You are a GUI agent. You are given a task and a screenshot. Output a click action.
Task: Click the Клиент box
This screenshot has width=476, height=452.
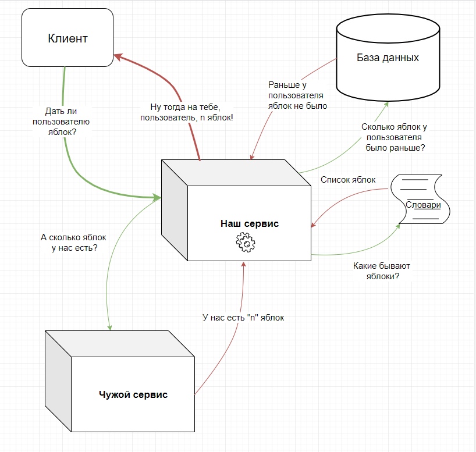click(67, 38)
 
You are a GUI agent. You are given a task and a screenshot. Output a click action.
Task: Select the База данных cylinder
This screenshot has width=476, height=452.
click(388, 58)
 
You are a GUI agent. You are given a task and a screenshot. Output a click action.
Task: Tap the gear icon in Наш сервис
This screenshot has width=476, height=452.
click(246, 242)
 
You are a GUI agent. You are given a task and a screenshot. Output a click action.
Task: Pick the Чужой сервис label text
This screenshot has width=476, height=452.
click(133, 394)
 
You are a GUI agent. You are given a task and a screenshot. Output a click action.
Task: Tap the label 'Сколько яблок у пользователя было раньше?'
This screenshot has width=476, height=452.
click(395, 137)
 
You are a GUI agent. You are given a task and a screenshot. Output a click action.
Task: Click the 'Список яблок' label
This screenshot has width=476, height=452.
click(348, 180)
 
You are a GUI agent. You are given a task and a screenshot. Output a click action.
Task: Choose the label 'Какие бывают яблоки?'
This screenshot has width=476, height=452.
click(381, 271)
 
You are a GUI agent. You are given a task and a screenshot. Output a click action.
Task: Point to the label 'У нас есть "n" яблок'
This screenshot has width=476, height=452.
click(243, 318)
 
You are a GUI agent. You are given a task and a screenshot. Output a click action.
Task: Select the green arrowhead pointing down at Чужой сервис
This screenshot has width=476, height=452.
click(109, 327)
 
